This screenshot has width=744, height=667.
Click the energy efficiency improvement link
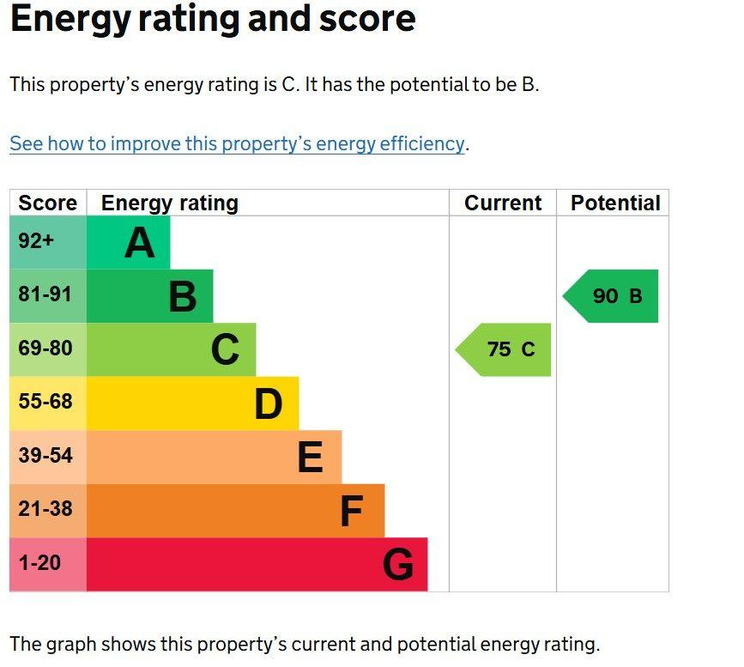coord(237,144)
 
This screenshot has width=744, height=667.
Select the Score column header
coord(47,203)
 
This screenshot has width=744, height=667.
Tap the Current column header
coord(503,203)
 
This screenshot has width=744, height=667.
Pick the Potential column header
coord(615,203)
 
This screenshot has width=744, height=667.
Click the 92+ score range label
coord(36,240)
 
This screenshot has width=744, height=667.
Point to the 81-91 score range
coord(45,294)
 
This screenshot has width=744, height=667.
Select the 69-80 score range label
coord(45,348)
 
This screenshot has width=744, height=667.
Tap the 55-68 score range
coord(45,401)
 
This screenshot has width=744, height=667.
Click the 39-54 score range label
coord(45,455)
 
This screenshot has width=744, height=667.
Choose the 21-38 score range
coord(45,508)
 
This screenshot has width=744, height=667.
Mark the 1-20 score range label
coord(39,562)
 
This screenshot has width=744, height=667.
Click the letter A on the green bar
coord(140,243)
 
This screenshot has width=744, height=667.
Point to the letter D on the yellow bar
coord(269,404)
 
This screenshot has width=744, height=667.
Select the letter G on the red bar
coord(398,565)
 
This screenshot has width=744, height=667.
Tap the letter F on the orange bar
coord(352,511)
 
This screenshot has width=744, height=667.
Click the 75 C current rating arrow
coord(503,350)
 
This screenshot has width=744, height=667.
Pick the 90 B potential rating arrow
coord(610,296)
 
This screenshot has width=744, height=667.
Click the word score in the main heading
coord(368,19)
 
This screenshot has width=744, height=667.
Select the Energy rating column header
coord(170,203)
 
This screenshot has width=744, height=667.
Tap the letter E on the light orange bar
coord(311,458)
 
